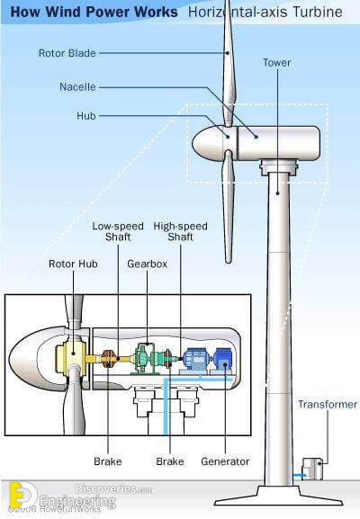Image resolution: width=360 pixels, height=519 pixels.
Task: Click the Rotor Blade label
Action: coord(67,53)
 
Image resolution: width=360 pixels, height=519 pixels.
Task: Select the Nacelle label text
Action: coord(77,87)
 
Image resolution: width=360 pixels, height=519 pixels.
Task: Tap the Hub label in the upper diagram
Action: coord(86,116)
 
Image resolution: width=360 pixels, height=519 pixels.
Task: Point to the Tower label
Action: coord(277,63)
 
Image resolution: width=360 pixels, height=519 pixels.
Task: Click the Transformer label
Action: coord(328,404)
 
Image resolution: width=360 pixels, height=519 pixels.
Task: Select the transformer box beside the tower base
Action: coord(312,469)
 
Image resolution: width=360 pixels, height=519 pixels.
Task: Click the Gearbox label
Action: coord(147,264)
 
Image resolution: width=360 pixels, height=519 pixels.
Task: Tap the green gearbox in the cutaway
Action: coord(145,359)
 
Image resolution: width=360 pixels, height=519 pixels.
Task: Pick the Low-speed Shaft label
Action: coord(118,231)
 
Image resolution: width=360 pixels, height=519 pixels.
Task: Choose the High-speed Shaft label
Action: coord(181,231)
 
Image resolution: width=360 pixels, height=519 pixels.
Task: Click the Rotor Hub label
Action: coord(73,264)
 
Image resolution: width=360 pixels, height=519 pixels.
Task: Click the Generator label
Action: coord(225,461)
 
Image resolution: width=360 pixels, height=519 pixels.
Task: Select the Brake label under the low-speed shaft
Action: coord(108,461)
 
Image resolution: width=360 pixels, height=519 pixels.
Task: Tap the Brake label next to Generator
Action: coord(170,461)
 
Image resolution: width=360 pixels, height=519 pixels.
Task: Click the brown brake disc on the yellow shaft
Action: coord(108,359)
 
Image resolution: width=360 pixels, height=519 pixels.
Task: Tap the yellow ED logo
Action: coord(21,496)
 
